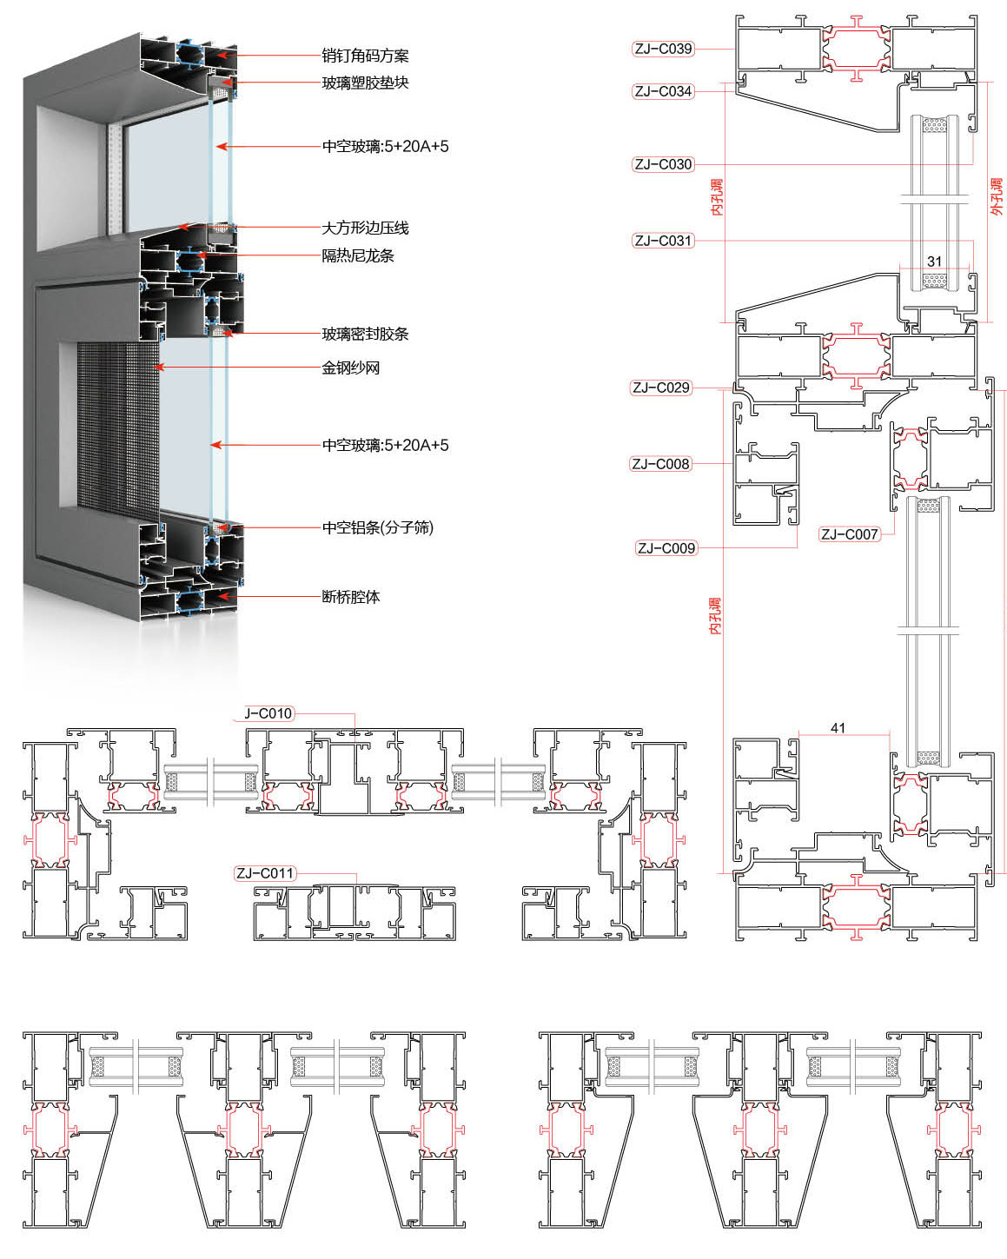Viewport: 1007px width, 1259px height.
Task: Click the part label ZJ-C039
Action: [x=663, y=49]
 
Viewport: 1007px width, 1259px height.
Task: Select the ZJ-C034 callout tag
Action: [x=663, y=91]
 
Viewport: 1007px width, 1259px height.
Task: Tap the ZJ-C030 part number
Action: [x=663, y=164]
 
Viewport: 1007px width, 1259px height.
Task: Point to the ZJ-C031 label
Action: [x=663, y=241]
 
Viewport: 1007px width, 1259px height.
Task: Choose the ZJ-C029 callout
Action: [x=660, y=388]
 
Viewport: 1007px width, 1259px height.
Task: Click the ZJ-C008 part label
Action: [x=660, y=464]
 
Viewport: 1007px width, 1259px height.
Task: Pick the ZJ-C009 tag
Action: [x=666, y=548]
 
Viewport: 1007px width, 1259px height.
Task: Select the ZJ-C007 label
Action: [x=849, y=534]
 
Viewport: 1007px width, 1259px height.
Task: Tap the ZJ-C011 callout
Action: [x=265, y=873]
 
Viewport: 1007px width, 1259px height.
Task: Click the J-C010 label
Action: [x=268, y=713]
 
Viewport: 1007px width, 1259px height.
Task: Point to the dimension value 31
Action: [x=934, y=262]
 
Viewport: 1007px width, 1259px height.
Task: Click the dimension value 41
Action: [x=838, y=728]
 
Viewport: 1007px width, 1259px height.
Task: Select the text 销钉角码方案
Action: [x=365, y=56]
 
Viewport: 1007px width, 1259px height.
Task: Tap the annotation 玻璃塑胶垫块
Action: [x=365, y=83]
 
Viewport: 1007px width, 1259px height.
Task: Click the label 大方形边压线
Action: [x=365, y=228]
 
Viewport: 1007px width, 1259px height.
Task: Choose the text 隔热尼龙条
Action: [x=358, y=255]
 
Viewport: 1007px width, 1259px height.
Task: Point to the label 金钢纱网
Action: [x=350, y=368]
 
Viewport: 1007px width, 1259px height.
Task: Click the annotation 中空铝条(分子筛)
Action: [x=378, y=527]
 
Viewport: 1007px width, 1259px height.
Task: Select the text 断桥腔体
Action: [x=350, y=597]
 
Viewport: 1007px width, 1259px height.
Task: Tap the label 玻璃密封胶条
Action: [x=365, y=334]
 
